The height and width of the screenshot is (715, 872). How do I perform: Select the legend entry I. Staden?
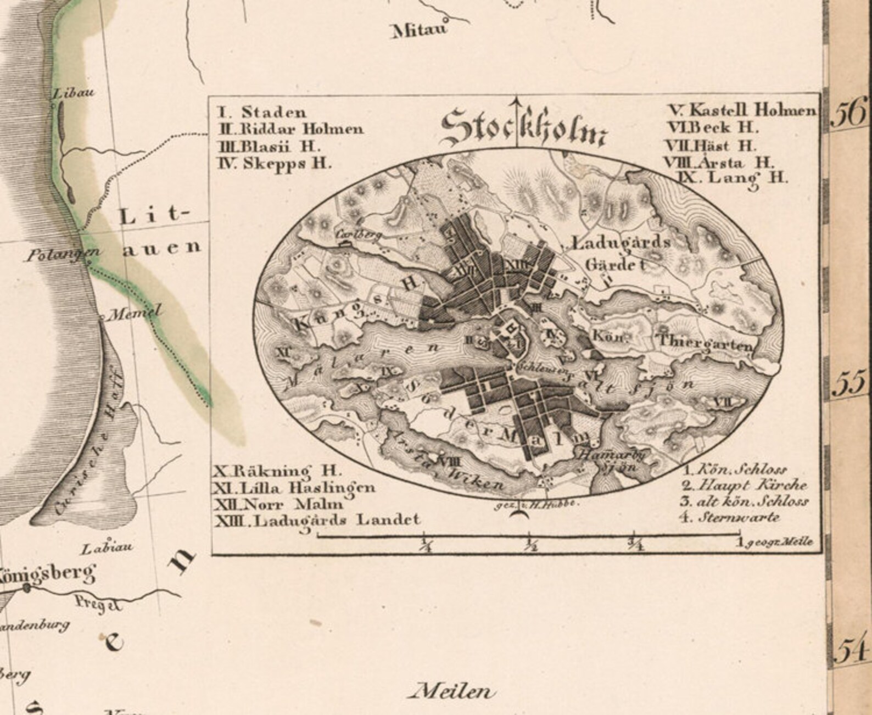point(262,113)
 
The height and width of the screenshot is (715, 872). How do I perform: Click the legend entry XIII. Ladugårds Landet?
point(317,520)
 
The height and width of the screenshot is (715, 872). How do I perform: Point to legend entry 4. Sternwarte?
point(731,517)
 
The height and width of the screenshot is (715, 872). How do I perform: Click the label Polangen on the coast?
point(64,253)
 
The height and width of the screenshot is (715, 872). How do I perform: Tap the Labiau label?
point(107,548)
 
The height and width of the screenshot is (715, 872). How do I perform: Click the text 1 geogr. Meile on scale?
point(776,543)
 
